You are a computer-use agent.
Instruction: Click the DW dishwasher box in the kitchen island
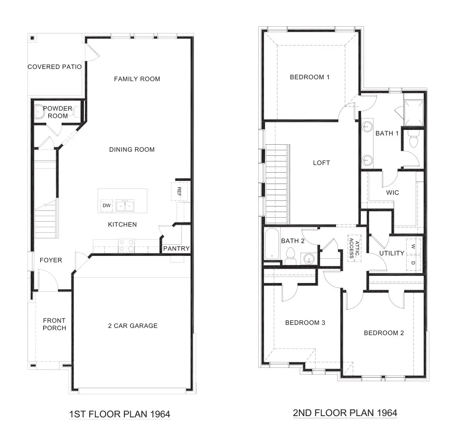point(106,206)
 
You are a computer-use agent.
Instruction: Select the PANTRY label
point(177,249)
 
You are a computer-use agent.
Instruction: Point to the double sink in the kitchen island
point(125,206)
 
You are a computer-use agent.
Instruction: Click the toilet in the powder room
point(39,112)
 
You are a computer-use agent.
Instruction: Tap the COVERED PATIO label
point(55,67)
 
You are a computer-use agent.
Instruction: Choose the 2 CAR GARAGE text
point(133,326)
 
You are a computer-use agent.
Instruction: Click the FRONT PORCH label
point(54,324)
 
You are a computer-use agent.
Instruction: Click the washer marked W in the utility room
point(413,247)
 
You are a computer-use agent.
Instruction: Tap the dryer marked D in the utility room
point(413,263)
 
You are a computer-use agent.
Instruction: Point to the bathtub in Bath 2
point(272,244)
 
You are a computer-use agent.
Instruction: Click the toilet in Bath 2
point(291,254)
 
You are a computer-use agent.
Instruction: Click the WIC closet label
point(392,193)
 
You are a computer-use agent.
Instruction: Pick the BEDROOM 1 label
point(310,77)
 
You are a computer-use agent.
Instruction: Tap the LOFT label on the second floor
point(321,163)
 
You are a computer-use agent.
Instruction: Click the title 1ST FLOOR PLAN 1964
point(120,414)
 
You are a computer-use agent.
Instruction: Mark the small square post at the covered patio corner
point(32,38)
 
